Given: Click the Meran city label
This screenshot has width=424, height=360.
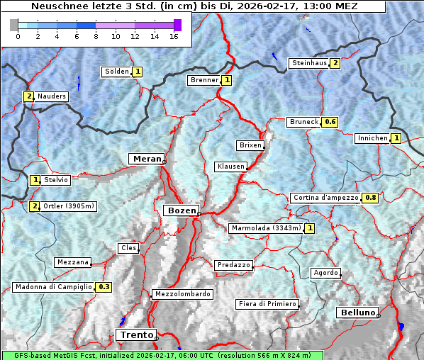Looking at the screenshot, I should [145, 158].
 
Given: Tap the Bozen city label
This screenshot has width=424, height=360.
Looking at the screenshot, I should [180, 210].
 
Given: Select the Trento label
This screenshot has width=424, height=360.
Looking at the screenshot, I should [135, 334].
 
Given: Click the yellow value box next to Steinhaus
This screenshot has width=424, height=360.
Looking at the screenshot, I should [335, 63].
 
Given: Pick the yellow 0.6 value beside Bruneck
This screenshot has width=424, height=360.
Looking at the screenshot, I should [330, 122].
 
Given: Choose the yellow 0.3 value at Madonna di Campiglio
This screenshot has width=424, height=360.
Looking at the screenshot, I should [104, 287].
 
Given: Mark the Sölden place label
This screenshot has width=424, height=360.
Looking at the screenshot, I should [116, 72].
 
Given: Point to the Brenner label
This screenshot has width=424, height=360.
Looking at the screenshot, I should [204, 80].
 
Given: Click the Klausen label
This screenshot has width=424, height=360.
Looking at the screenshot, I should [230, 167].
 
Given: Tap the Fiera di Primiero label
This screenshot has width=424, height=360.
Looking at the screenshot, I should [267, 304].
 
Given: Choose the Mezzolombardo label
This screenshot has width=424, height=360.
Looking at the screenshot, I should [182, 293].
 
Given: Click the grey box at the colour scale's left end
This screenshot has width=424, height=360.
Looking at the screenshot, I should [14, 25].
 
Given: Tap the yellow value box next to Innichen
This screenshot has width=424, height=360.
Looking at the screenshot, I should [396, 138].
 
